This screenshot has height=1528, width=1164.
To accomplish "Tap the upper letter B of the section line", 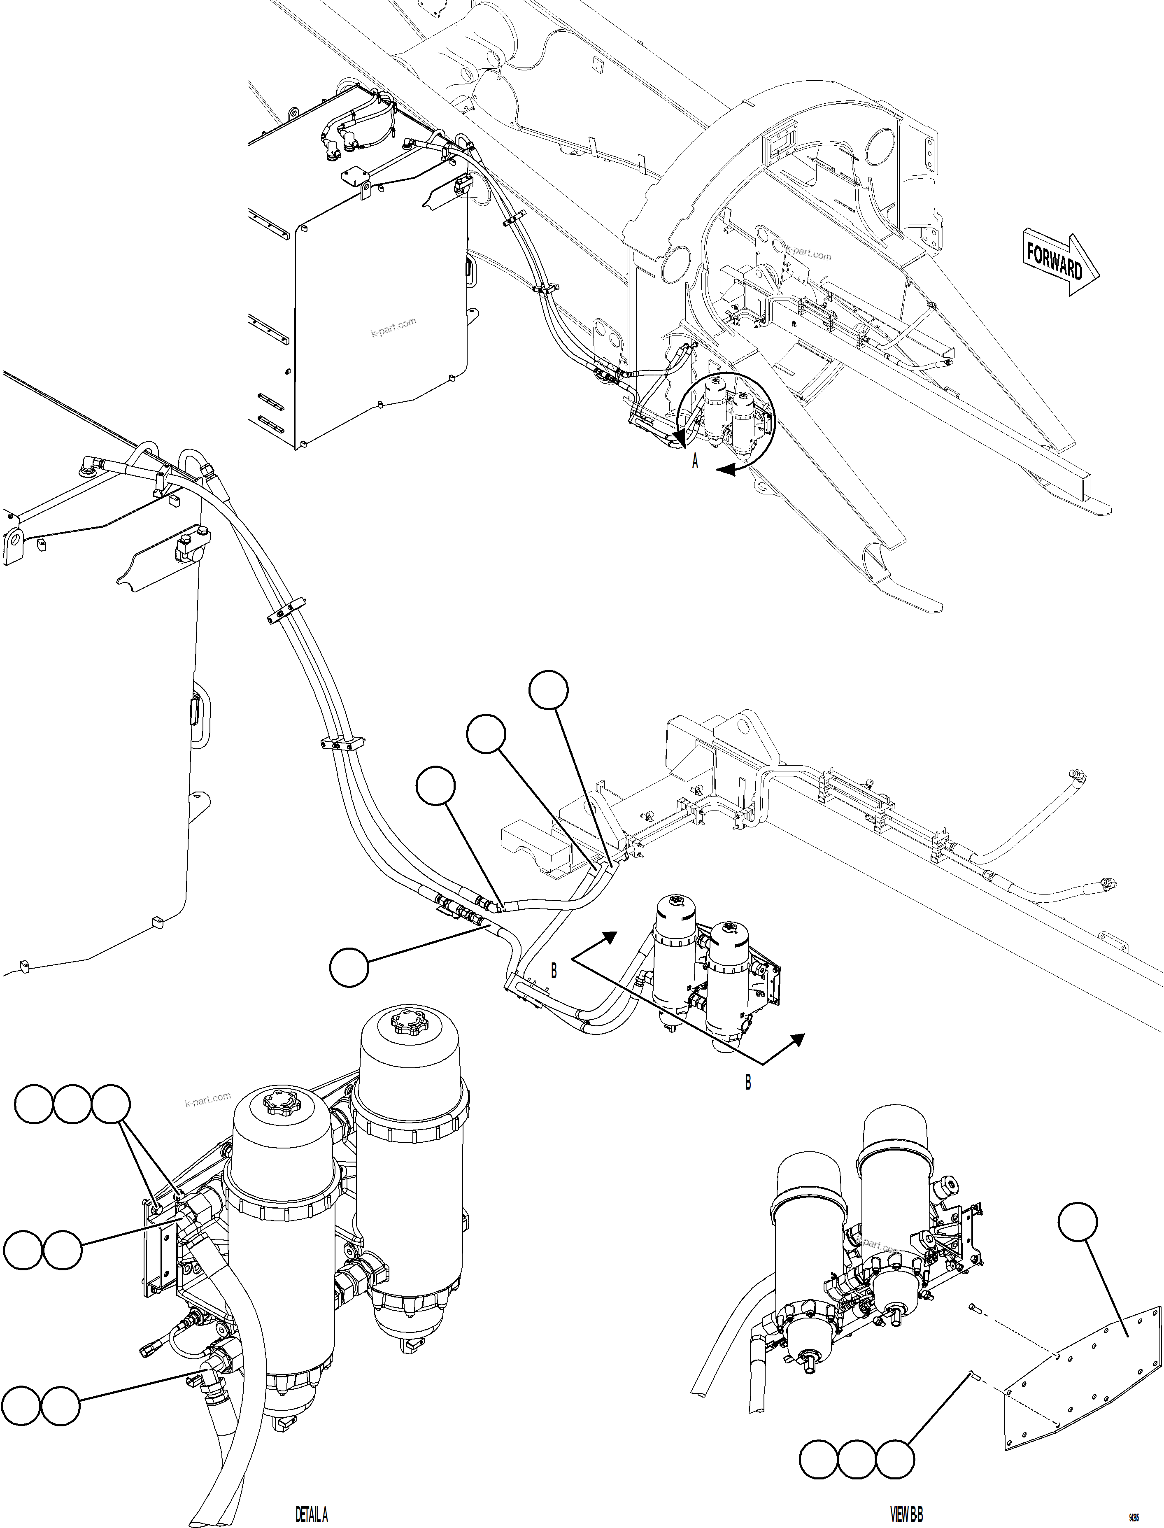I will point(554,971).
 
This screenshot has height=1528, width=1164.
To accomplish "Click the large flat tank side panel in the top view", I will point(381,326).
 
